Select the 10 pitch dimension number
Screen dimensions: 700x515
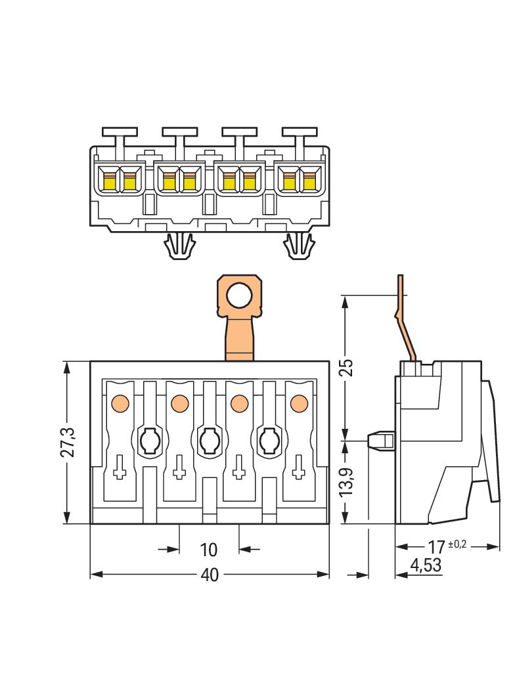209,549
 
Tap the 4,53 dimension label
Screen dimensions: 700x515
425,565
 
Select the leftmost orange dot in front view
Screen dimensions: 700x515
120,401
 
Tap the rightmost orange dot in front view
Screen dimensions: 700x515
299,401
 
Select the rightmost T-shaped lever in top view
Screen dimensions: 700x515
299,135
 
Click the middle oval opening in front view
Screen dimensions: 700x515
209,440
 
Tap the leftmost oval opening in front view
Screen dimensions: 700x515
149,440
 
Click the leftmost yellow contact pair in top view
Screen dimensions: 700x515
120,179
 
